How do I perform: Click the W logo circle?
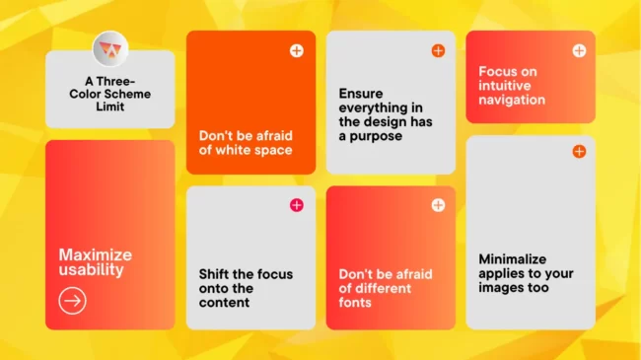pyautogui.click(x=110, y=49)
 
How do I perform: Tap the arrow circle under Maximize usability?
pyautogui.click(x=72, y=301)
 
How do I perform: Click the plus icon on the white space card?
pyautogui.click(x=297, y=50)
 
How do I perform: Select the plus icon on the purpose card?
pyautogui.click(x=438, y=50)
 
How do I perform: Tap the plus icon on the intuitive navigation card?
pyautogui.click(x=579, y=50)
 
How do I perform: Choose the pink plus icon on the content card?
pyautogui.click(x=297, y=205)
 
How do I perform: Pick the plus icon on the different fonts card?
pyautogui.click(x=438, y=205)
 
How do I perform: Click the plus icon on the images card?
pyautogui.click(x=579, y=151)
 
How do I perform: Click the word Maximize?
pyautogui.click(x=96, y=254)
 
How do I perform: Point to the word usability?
pyautogui.click(x=91, y=270)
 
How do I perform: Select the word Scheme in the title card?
pyautogui.click(x=127, y=94)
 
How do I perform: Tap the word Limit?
pyautogui.click(x=110, y=107)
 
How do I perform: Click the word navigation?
pyautogui.click(x=512, y=101)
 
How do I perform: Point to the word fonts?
pyautogui.click(x=355, y=303)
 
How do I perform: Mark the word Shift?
pyautogui.click(x=212, y=274)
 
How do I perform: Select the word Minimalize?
pyautogui.click(x=513, y=259)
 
